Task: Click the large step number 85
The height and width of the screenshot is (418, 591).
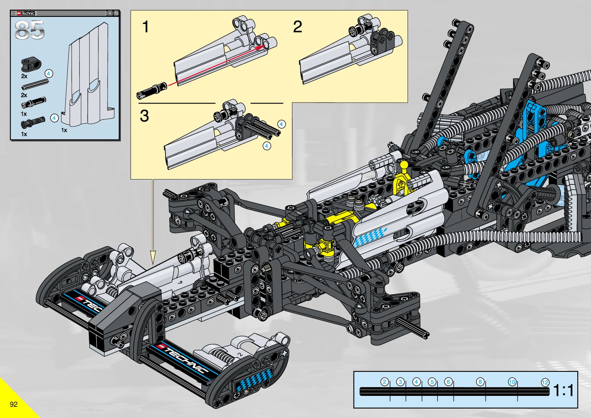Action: point(30,30)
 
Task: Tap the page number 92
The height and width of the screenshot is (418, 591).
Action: point(13,404)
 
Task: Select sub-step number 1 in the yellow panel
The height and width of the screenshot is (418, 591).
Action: point(145,27)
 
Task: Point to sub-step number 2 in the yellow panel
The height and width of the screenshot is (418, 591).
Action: point(297,27)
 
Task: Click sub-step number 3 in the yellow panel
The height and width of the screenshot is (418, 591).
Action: point(144,116)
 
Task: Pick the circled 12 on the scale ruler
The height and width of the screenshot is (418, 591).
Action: point(545,383)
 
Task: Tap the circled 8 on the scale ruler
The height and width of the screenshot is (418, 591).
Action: point(480,382)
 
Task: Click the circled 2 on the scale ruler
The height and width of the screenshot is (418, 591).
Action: point(384,382)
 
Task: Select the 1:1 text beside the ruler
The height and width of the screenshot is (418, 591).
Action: point(564,390)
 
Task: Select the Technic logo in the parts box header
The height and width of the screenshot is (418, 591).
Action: point(26,13)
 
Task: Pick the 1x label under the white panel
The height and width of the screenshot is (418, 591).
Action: point(64,130)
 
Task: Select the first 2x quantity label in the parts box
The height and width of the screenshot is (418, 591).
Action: point(24,76)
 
